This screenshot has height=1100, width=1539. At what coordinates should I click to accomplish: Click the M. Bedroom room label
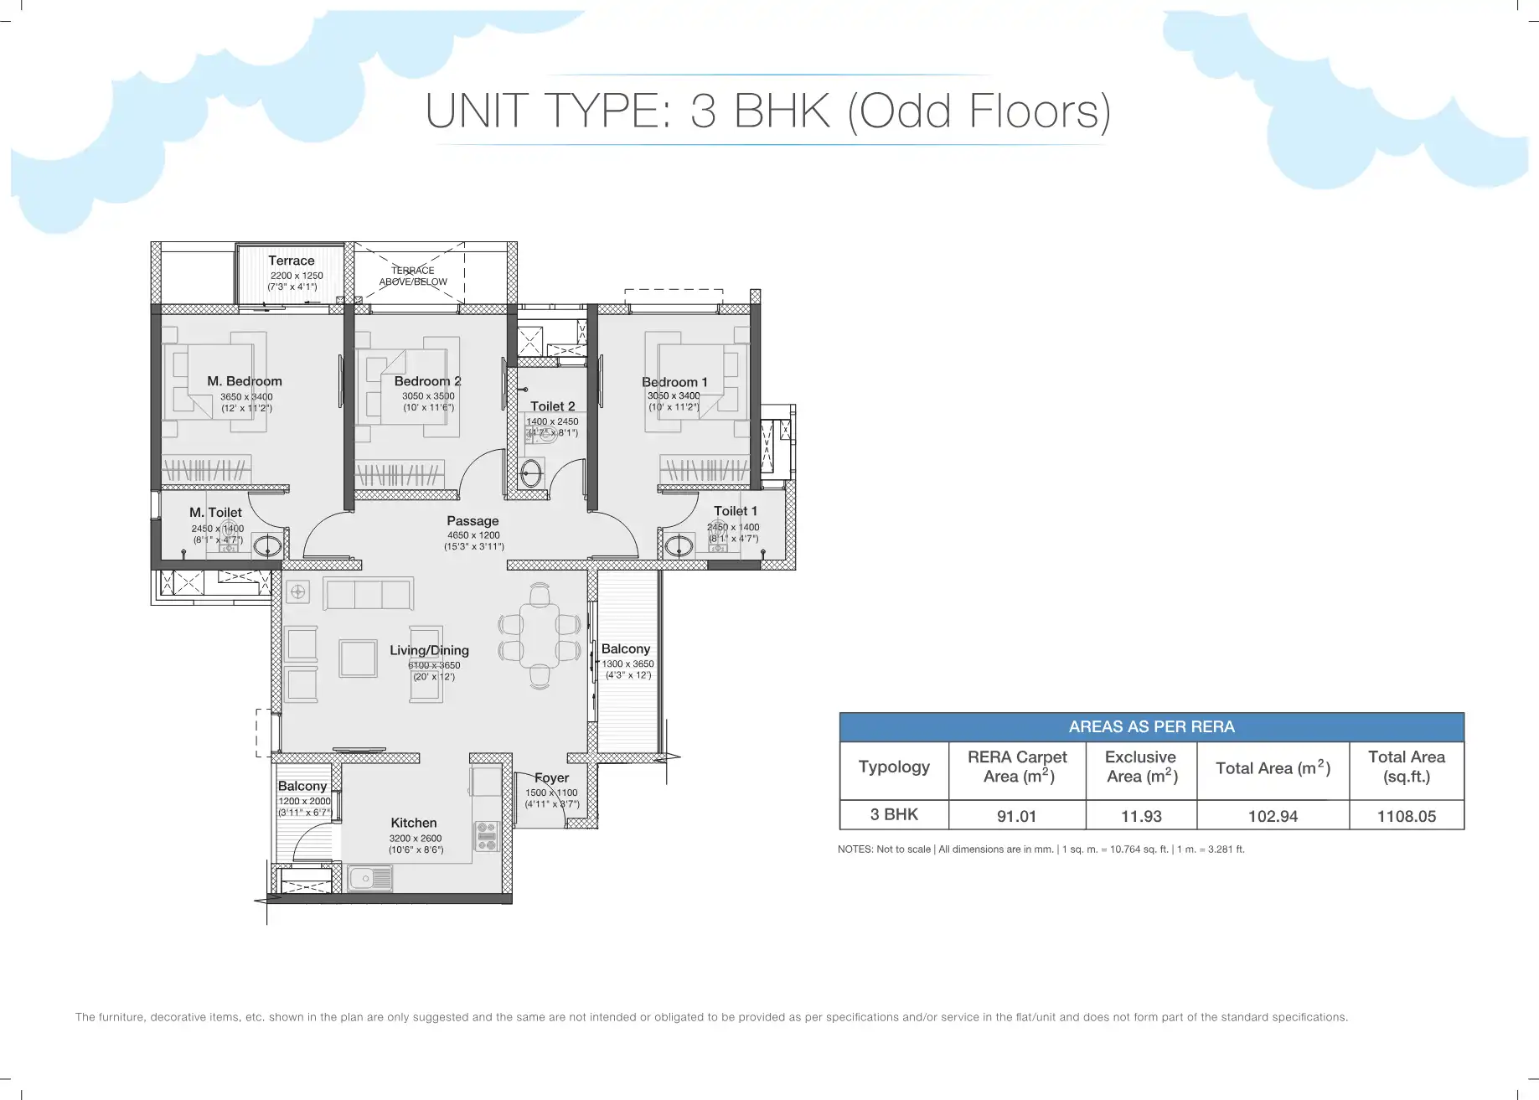point(245,381)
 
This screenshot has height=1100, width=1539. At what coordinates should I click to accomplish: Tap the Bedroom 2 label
point(427,381)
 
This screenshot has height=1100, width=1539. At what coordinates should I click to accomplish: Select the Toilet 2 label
point(553,406)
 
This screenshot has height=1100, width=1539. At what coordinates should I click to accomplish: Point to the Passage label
point(473,521)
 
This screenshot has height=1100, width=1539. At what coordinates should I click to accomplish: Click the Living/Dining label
point(429,651)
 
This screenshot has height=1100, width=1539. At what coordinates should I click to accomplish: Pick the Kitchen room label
point(414,824)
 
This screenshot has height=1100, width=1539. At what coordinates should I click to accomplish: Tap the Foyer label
point(552,778)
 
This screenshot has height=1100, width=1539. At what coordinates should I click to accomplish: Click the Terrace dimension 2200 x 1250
point(297,276)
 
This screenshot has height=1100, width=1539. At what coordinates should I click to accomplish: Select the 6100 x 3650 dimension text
point(434,665)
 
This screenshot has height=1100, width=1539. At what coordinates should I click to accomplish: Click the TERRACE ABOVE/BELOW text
point(413,276)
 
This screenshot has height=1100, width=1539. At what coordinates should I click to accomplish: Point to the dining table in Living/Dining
point(540,637)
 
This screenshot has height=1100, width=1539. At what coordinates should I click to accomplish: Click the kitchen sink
point(370,878)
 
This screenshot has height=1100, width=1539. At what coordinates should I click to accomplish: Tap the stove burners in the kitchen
point(487,835)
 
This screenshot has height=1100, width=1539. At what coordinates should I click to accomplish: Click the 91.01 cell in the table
point(1016,816)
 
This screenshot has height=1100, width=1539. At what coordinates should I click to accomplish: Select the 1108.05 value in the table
point(1407,816)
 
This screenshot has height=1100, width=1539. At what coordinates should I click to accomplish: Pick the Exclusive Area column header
point(1141,767)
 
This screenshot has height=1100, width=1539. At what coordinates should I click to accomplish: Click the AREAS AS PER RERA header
point(1152,727)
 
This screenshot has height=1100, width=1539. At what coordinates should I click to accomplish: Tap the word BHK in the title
point(782,111)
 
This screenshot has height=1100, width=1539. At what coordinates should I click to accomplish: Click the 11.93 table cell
point(1141,816)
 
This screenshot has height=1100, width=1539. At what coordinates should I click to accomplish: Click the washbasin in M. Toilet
point(267,546)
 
